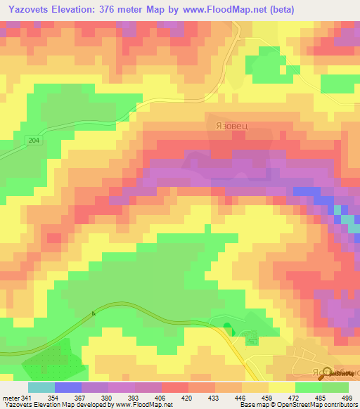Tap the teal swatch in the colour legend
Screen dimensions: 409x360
[x=41, y=387]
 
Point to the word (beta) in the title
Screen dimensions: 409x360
[x=278, y=9]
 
